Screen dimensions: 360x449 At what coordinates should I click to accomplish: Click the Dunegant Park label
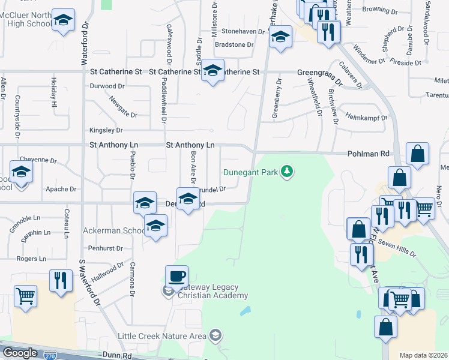(250, 172)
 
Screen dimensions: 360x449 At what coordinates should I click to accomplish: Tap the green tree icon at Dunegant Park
(288, 172)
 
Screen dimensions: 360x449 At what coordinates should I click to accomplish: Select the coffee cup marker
(176, 277)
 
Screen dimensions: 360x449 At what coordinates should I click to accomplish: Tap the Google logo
(20, 353)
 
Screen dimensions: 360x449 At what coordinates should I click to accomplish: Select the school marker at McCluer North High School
(63, 21)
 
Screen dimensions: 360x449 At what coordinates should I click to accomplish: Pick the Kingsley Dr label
(106, 130)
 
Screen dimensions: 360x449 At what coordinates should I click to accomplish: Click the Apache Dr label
(61, 189)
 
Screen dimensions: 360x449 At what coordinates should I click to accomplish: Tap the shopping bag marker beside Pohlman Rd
(417, 154)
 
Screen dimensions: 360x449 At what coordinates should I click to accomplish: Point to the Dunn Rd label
(117, 356)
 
